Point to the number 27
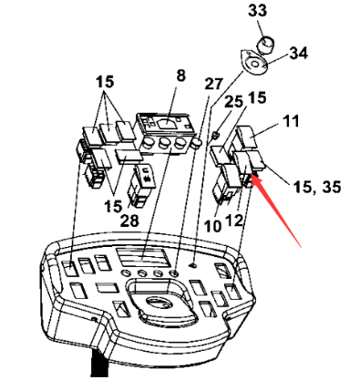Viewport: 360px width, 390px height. (x=213, y=83)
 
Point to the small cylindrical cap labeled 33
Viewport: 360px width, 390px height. (x=264, y=42)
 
